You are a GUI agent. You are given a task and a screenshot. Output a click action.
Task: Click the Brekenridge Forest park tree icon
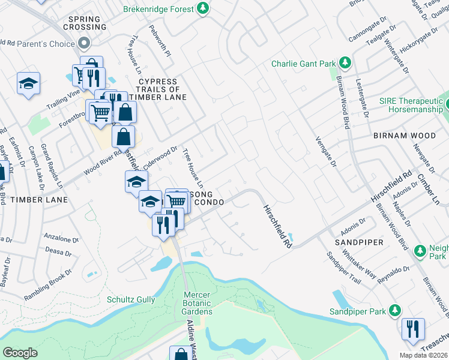tap(203, 8)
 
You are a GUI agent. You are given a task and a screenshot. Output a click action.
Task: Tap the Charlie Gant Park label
tap(304, 63)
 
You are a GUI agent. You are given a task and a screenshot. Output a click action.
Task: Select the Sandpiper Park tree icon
tap(394, 311)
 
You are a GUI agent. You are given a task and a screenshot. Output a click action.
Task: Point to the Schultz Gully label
tap(131, 299)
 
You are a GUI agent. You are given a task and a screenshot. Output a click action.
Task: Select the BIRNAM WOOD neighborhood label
tap(403, 136)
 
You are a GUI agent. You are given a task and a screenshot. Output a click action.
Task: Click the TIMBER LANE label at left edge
tap(34, 199)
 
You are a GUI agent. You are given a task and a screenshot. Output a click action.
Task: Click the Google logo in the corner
tap(20, 352)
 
